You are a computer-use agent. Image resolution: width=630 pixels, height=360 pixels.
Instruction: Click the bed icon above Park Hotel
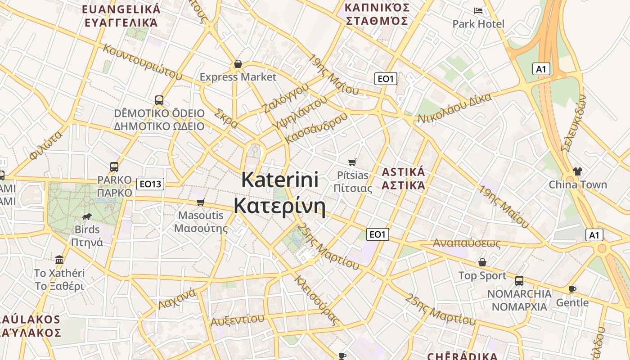pyautogui.click(x=478, y=11)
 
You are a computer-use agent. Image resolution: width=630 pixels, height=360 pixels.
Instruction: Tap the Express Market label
pyautogui.click(x=238, y=77)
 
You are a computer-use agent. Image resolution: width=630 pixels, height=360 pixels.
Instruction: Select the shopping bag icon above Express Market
pyautogui.click(x=238, y=64)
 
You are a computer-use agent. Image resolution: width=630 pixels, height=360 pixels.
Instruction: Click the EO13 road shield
pyautogui.click(x=150, y=184)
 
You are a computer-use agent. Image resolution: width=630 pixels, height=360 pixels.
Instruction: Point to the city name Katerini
pyautogui.click(x=280, y=180)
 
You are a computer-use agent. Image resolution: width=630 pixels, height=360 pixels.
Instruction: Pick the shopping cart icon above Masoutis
pyautogui.click(x=201, y=202)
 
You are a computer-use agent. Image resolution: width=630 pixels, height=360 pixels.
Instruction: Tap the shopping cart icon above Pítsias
pyautogui.click(x=352, y=162)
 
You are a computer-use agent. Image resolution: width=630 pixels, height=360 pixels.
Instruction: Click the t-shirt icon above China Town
pyautogui.click(x=577, y=171)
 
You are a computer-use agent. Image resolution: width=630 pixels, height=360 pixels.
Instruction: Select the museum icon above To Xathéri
pyautogui.click(x=59, y=260)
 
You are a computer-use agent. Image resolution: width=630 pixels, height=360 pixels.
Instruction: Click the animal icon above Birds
pyautogui.click(x=87, y=217)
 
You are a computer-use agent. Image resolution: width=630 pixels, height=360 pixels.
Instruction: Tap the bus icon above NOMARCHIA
pyautogui.click(x=519, y=281)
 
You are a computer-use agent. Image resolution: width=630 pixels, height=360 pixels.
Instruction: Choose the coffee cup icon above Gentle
pyautogui.click(x=572, y=289)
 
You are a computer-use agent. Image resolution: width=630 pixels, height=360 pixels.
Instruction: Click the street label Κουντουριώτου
pyautogui.click(x=143, y=62)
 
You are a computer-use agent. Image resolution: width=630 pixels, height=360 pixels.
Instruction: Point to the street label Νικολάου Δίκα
pyautogui.click(x=454, y=108)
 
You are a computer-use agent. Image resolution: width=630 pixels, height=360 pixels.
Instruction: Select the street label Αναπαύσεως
pyautogui.click(x=467, y=243)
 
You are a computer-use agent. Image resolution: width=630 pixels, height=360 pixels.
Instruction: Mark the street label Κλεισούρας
pyautogui.click(x=316, y=300)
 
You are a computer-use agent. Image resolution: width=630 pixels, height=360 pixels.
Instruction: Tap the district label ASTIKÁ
pyautogui.click(x=403, y=172)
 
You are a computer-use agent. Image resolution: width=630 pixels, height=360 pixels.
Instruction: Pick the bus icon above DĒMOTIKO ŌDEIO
pyautogui.click(x=159, y=100)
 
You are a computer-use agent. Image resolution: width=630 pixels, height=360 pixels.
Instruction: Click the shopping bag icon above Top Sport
pyautogui.click(x=482, y=262)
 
